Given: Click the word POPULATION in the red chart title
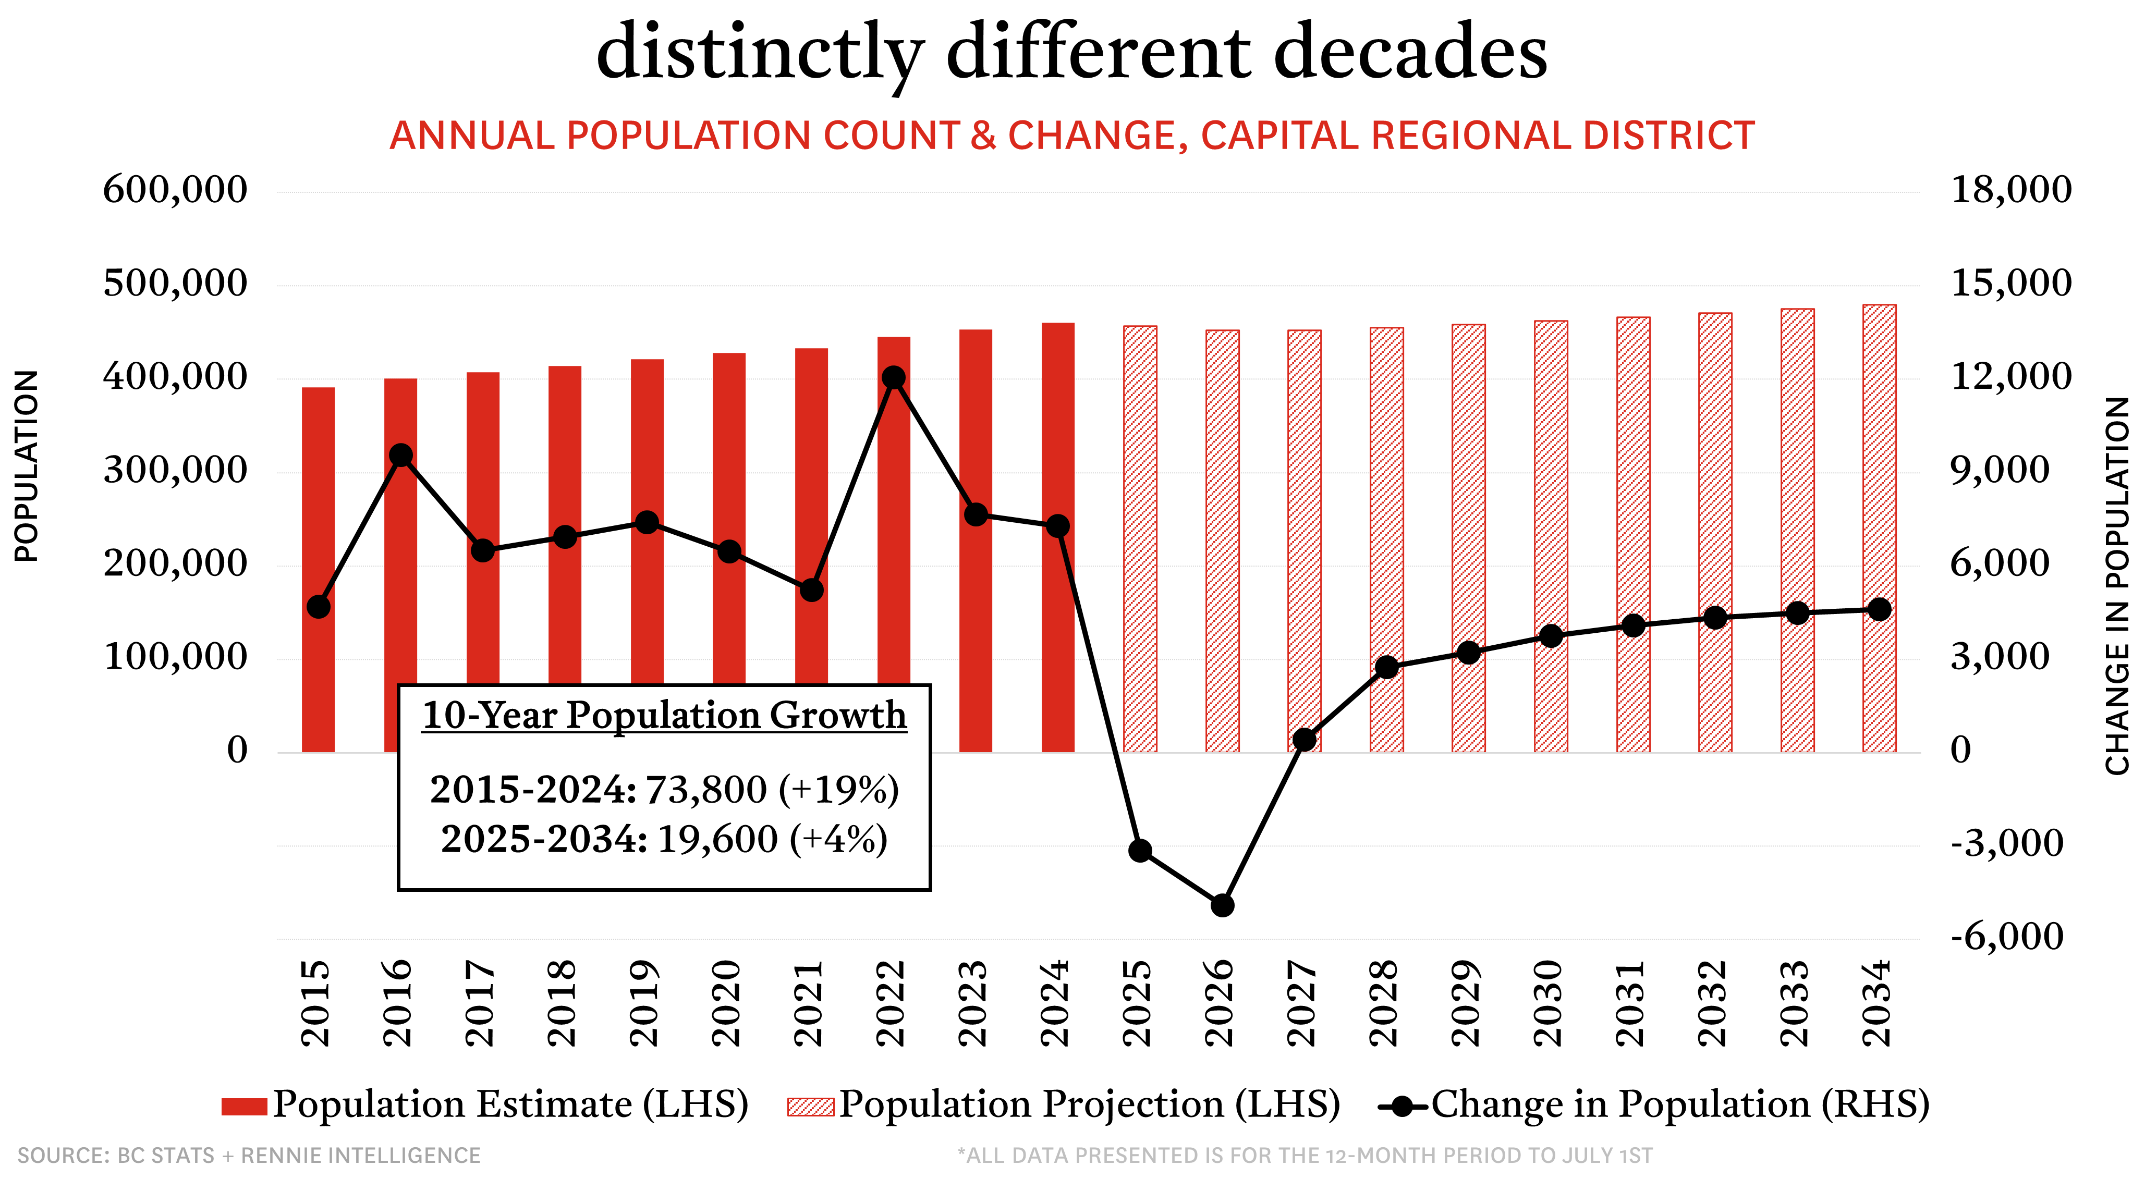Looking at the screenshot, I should [689, 136].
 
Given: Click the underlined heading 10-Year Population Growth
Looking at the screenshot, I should [664, 715].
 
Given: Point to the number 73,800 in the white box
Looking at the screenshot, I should [706, 789].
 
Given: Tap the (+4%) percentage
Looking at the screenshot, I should [838, 839].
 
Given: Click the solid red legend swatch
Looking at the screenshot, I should [244, 1107].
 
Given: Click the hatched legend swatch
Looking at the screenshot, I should [810, 1107].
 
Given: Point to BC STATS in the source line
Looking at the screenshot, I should [166, 1156].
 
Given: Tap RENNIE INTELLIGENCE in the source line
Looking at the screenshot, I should [361, 1156].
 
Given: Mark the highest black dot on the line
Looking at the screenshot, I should [894, 378].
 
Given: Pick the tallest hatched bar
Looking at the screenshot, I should [1880, 528].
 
